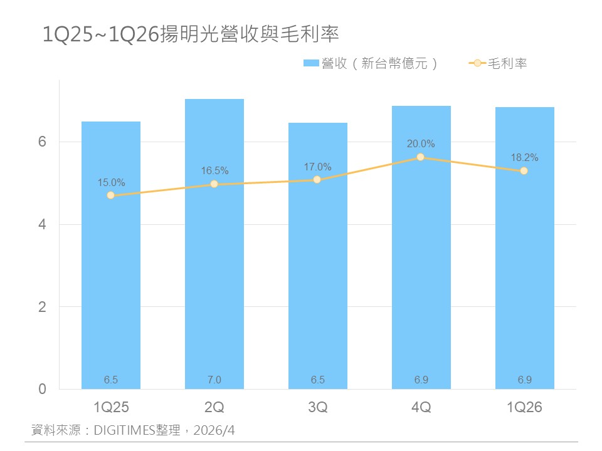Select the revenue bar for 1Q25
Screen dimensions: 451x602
pos(111,282)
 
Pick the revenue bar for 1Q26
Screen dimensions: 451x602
pos(524,276)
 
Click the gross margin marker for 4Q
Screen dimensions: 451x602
pos(421,157)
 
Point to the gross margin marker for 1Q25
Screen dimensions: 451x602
pos(111,195)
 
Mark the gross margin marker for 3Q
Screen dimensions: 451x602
pos(317,180)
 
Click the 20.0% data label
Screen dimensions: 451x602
pos(421,144)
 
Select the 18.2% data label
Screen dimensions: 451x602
pos(524,158)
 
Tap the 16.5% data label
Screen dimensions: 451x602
pos(214,171)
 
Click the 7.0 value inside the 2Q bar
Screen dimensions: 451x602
pos(214,380)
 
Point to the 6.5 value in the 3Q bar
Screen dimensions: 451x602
pos(317,380)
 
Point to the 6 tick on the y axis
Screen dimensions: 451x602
pos(43,142)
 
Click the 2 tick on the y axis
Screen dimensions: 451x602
pos(43,307)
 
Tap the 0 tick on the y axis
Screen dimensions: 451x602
pos(43,389)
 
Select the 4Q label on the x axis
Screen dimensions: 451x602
pos(421,407)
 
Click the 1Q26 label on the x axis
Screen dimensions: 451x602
pos(524,407)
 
